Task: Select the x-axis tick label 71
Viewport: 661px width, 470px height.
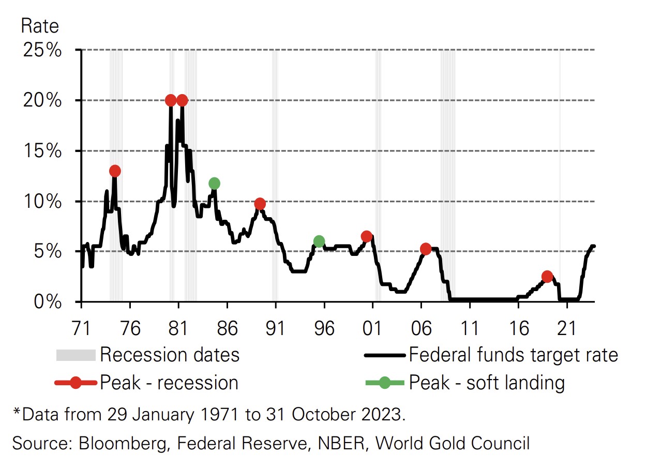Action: pyautogui.click(x=81, y=328)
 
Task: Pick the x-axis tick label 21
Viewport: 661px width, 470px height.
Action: pyautogui.click(x=567, y=328)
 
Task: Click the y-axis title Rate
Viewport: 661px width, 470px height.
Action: pyautogui.click(x=40, y=26)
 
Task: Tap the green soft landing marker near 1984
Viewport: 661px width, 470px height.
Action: pyautogui.click(x=214, y=183)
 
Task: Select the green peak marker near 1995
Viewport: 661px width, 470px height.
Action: pyautogui.click(x=319, y=241)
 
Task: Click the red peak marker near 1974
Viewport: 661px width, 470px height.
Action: pyautogui.click(x=115, y=171)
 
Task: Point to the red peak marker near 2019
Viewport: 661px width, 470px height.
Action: pyautogui.click(x=547, y=276)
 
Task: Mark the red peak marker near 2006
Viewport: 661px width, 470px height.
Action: pyautogui.click(x=426, y=249)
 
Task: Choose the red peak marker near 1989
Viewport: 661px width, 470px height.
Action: pyautogui.click(x=260, y=204)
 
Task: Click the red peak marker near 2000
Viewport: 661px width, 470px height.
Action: pyautogui.click(x=366, y=236)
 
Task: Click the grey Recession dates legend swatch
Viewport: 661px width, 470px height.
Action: pyautogui.click(x=76, y=355)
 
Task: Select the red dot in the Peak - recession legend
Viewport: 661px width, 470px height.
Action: pyautogui.click(x=76, y=383)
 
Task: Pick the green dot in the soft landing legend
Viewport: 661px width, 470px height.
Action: pyautogui.click(x=384, y=383)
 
